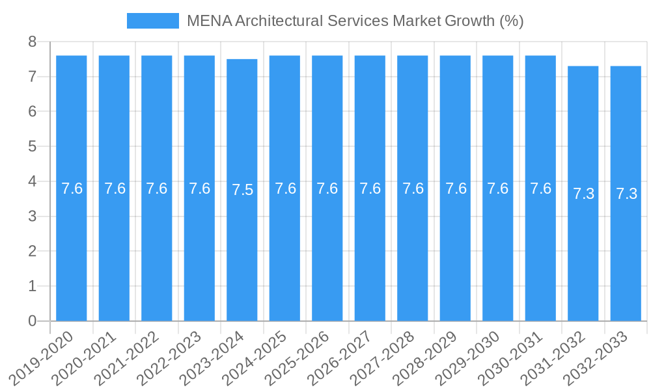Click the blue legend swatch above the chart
point(152,21)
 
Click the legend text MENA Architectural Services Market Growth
point(355,21)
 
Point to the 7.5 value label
point(242,190)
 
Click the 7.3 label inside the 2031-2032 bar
point(583,194)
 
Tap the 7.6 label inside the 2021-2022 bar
point(157,188)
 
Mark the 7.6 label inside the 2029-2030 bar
point(498,188)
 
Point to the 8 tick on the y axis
point(33,42)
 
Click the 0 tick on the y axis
point(33,321)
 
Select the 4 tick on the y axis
point(33,181)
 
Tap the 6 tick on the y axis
point(33,112)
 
